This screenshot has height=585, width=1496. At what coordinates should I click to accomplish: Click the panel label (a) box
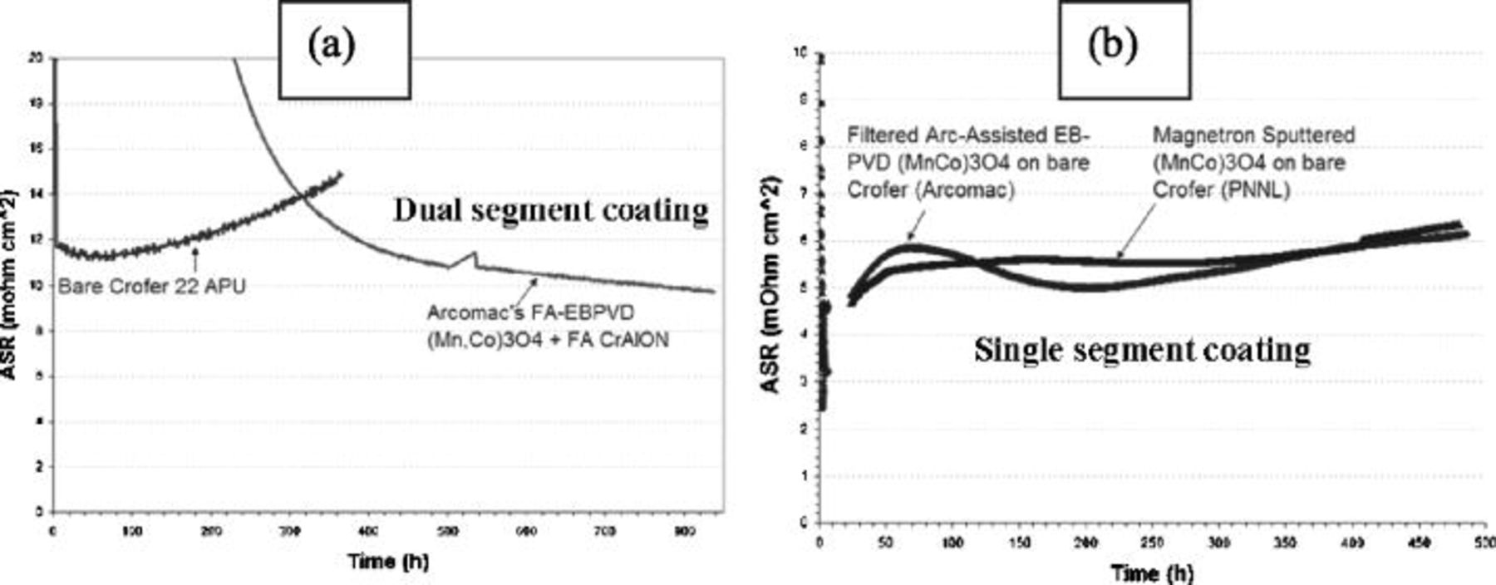click(x=343, y=48)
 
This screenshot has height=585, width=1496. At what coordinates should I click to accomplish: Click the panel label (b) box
click(x=1124, y=48)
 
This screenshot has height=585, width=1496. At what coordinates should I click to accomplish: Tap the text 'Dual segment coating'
click(x=551, y=210)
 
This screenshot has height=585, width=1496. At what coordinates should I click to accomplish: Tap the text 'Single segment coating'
click(x=1142, y=350)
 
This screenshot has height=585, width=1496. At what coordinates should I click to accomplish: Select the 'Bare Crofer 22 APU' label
click(x=151, y=287)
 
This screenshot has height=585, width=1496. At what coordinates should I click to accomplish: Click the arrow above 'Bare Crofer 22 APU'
click(x=195, y=260)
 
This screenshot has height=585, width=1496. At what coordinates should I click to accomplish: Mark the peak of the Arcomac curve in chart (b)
click(x=912, y=245)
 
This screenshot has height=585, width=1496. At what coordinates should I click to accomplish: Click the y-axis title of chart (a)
click(x=9, y=285)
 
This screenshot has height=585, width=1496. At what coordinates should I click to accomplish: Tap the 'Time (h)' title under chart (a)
click(x=388, y=561)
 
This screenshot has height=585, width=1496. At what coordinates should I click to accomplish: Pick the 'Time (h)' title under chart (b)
click(x=1152, y=573)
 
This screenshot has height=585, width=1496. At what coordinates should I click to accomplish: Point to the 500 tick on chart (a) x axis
click(x=448, y=531)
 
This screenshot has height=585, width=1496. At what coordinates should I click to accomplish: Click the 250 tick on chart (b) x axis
click(x=1152, y=543)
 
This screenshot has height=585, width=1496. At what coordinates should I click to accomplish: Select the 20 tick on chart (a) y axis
click(x=36, y=58)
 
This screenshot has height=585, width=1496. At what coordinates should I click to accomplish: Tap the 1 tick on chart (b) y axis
click(x=803, y=476)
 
